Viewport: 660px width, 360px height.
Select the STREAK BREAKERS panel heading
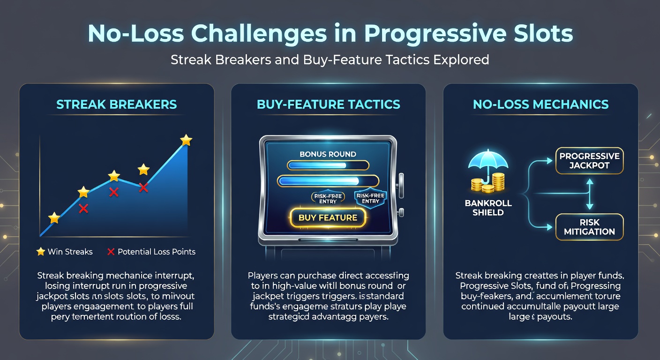point(117,104)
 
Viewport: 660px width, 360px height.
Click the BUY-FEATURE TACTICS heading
point(329,104)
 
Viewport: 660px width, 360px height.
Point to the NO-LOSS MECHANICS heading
point(541,104)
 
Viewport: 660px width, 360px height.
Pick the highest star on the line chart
point(186,140)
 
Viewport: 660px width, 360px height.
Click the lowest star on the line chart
point(54,217)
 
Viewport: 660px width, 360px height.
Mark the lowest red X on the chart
point(83,209)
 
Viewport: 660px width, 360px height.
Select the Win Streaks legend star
point(41,252)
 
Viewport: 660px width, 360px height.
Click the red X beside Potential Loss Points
point(111,252)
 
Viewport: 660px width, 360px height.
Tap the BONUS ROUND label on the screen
point(328,154)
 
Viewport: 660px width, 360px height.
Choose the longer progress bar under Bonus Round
point(328,181)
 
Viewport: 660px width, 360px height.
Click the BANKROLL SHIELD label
point(488,208)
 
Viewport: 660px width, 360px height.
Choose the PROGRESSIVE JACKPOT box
point(589,160)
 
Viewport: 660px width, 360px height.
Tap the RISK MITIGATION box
point(589,226)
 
